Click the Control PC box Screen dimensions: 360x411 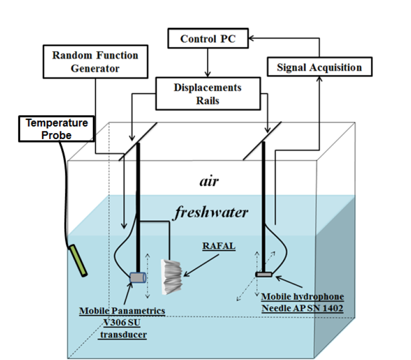point(208,38)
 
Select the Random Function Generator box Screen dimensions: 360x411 point(95,61)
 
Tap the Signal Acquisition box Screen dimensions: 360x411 point(319,67)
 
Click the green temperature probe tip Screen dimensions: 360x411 point(79,261)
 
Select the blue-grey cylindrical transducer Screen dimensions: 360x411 point(138,277)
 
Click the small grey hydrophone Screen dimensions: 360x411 point(263,274)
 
